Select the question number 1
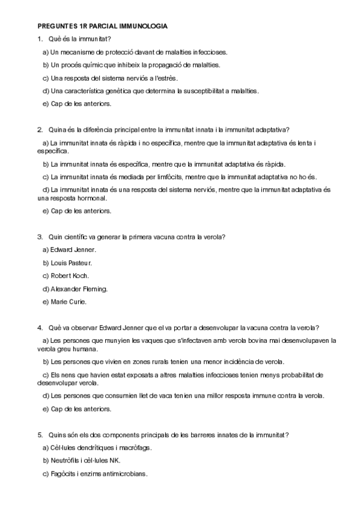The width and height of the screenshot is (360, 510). [40, 40]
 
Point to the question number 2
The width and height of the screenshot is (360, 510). [40, 129]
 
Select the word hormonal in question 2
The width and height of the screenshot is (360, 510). [91, 198]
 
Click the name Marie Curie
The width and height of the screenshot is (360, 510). [69, 301]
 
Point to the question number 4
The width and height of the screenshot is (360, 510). [40, 328]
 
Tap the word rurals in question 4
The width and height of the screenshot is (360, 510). [165, 362]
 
